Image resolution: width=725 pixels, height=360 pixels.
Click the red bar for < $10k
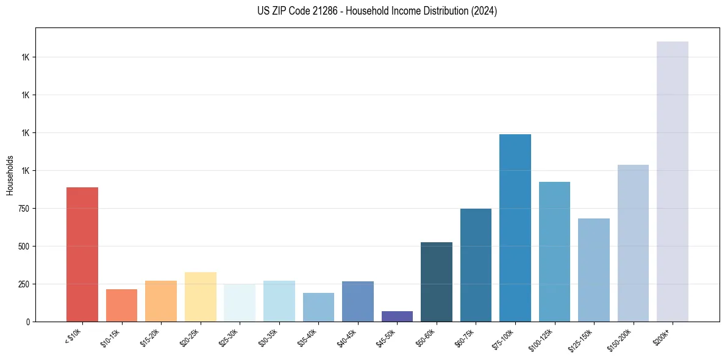click(82, 254)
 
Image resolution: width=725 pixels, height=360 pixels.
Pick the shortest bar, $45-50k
click(397, 316)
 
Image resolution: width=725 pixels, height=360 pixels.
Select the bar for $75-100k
click(515, 228)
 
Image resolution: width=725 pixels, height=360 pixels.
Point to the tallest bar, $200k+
click(673, 181)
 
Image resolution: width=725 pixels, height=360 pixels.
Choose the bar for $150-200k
click(633, 243)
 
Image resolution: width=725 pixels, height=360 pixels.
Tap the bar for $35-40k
click(318, 307)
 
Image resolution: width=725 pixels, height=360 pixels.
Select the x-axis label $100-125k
click(543, 339)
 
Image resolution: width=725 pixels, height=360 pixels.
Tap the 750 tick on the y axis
click(23, 209)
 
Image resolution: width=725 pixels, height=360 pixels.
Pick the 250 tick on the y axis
click(23, 284)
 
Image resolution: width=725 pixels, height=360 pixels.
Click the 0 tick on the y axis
click(27, 322)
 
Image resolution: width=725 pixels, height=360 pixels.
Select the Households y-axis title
click(10, 175)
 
